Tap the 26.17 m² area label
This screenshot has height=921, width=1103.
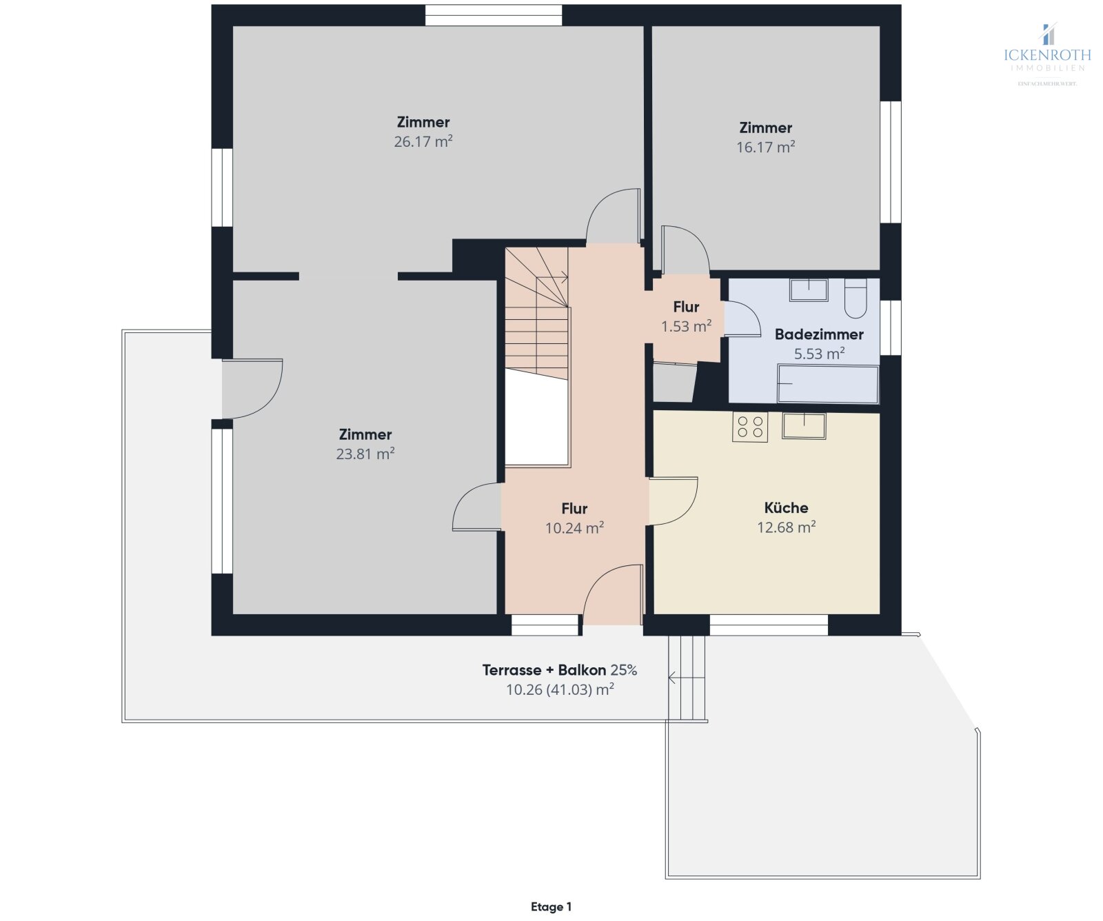[x=423, y=141]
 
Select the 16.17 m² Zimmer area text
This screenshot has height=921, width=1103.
[x=765, y=147]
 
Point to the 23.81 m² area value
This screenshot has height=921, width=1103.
[x=365, y=454]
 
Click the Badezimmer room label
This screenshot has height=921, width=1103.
[x=819, y=334]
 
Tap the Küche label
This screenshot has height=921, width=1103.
[x=786, y=507]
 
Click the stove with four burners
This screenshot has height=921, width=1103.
[x=750, y=427]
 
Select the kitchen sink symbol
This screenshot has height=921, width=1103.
[x=804, y=425]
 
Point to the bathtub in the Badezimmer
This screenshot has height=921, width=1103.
[x=828, y=384]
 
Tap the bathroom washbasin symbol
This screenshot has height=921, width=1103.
[x=809, y=290]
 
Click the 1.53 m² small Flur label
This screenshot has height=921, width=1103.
[x=686, y=326]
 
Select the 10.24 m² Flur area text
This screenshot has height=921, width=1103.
[x=574, y=528]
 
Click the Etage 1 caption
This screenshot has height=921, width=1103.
[x=551, y=907]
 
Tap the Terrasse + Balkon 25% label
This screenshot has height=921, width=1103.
[x=559, y=669]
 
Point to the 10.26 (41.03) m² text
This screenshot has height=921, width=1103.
[x=560, y=689]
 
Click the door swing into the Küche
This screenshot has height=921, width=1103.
[x=674, y=500]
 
